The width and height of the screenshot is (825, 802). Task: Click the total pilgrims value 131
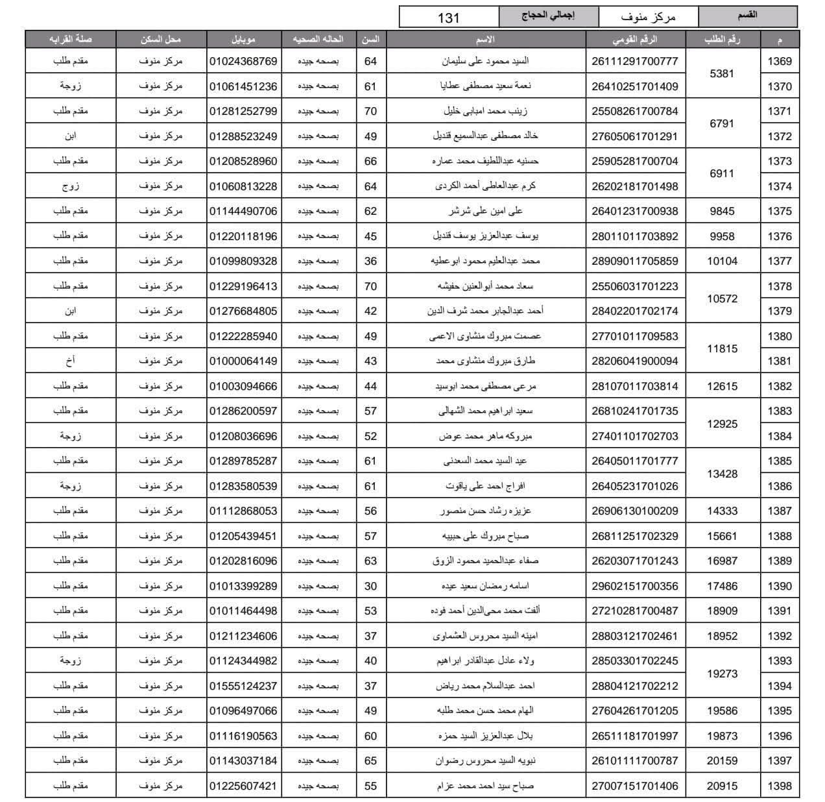pyautogui.click(x=448, y=18)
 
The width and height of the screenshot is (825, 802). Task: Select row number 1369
pyautogui.click(x=779, y=62)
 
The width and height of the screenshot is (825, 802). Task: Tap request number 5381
pyautogui.click(x=722, y=73)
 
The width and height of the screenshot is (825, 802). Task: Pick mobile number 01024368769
pyautogui.click(x=243, y=62)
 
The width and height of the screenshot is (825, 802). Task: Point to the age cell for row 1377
pyautogui.click(x=370, y=261)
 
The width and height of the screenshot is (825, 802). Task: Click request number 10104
pyautogui.click(x=722, y=261)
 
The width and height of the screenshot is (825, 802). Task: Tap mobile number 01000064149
pyautogui.click(x=243, y=361)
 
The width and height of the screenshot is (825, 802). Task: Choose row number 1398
pyautogui.click(x=779, y=786)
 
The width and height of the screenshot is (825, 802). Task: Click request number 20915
pyautogui.click(x=722, y=786)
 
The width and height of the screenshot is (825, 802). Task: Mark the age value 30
pyautogui.click(x=370, y=586)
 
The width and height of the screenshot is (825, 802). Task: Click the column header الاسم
pyautogui.click(x=485, y=40)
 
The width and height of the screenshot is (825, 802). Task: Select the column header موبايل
pyautogui.click(x=243, y=40)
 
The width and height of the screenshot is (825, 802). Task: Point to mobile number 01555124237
pyautogui.click(x=243, y=686)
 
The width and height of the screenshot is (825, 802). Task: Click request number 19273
pyautogui.click(x=722, y=674)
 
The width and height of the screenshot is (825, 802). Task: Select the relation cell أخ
pyautogui.click(x=70, y=361)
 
